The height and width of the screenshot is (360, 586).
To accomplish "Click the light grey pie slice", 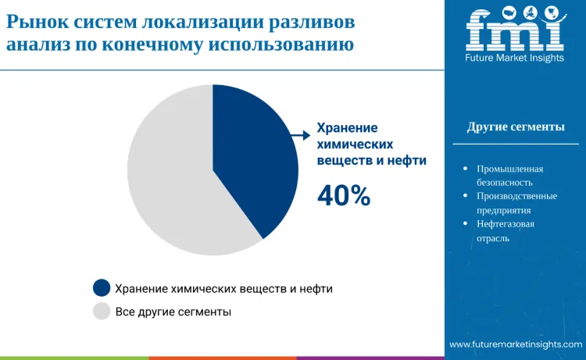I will (x=168, y=180).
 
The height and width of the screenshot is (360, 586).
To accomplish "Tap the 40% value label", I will (x=344, y=196).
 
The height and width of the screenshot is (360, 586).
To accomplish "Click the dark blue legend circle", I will (x=102, y=288).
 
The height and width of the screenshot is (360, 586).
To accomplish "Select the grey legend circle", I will (x=102, y=312).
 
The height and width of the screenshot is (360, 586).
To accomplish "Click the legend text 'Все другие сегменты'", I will (x=173, y=312).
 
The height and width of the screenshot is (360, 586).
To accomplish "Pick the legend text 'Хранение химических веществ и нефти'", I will (x=223, y=288).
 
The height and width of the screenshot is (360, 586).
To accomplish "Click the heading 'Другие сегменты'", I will (x=516, y=127).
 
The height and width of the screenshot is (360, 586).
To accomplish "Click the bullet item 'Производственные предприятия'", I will (x=516, y=202).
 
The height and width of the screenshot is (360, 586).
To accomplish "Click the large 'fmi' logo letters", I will (x=513, y=29).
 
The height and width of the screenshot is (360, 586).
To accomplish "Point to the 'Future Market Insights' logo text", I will (x=514, y=58).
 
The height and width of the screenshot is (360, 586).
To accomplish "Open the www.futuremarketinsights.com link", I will (x=515, y=344).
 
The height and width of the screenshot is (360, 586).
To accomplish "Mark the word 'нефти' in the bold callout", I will (x=409, y=160).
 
